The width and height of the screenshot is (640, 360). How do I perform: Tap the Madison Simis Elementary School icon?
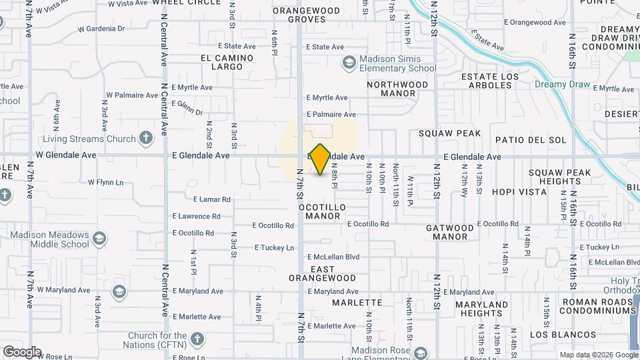[x=349, y=63]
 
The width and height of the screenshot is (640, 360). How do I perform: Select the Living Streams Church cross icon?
[x=146, y=139]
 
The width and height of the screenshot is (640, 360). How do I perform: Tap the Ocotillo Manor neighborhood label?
[x=322, y=212]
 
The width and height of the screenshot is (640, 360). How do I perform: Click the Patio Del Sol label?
[x=531, y=140]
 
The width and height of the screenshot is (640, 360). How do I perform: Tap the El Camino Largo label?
[x=227, y=63]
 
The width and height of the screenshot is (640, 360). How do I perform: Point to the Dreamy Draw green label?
[x=561, y=85]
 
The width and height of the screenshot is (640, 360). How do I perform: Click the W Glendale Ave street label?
[x=66, y=155]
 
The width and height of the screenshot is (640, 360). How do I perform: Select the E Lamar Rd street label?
[x=212, y=199]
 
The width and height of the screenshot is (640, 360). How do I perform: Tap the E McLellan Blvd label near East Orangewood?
[x=333, y=257]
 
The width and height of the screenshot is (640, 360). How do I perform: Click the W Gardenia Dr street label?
[x=101, y=29]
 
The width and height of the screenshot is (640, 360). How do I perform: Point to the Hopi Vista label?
[x=519, y=191]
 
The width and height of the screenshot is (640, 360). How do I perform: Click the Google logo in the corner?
[x=22, y=351]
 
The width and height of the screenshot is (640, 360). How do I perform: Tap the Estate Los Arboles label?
[x=490, y=81]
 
